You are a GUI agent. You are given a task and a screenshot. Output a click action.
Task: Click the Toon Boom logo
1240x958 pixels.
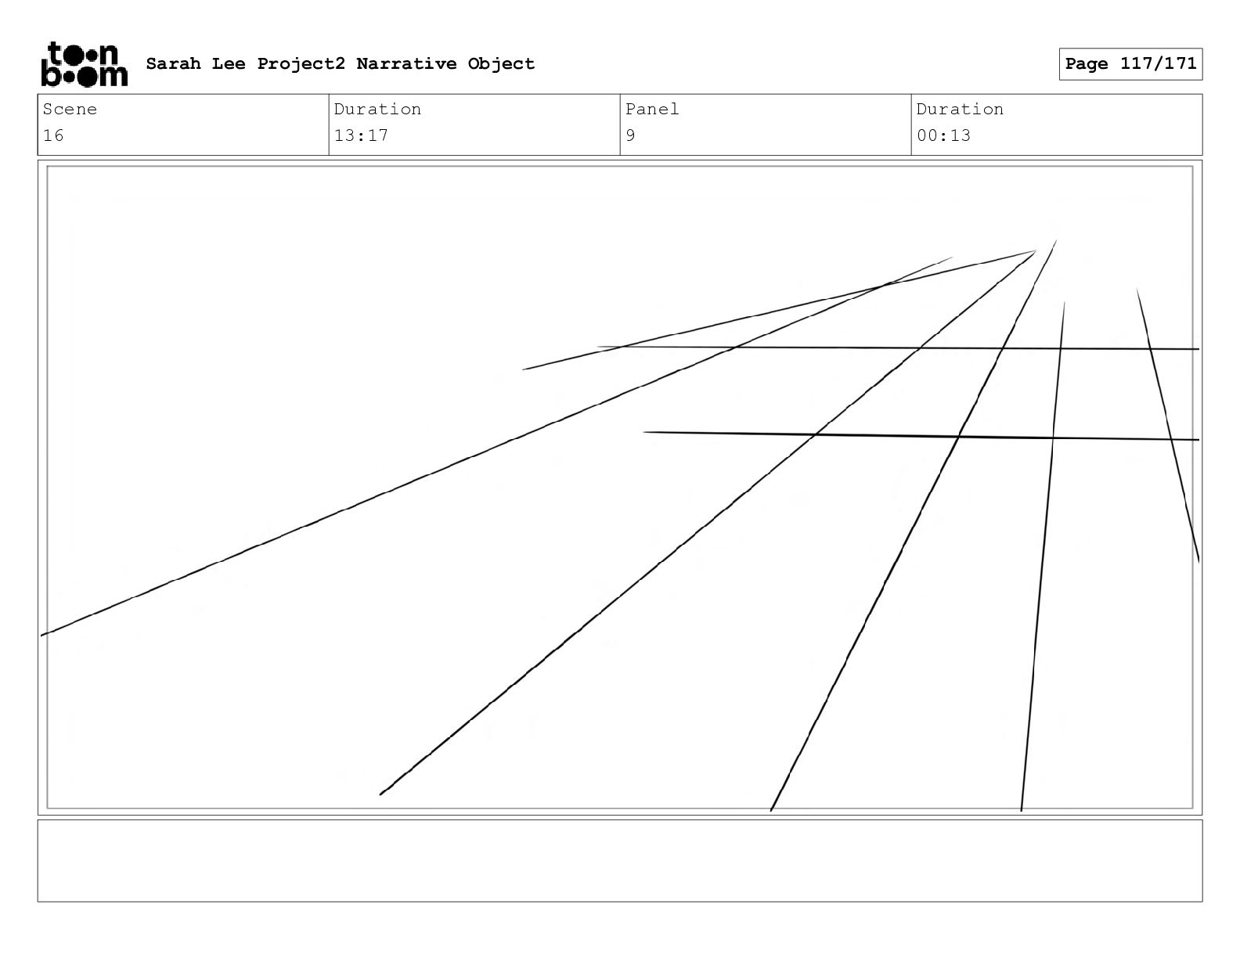[x=84, y=64]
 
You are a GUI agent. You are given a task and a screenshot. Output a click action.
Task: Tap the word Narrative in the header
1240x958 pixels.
[x=406, y=63]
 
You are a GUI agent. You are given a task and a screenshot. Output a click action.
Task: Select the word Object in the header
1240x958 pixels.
[x=501, y=63]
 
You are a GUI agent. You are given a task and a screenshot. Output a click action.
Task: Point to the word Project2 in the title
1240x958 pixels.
[x=301, y=63]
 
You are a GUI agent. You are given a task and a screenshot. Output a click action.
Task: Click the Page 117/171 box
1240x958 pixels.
[x=1130, y=64]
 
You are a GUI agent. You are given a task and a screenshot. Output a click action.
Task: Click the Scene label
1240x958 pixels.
[x=70, y=110]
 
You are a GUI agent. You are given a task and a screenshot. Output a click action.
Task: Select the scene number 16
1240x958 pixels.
[x=53, y=135]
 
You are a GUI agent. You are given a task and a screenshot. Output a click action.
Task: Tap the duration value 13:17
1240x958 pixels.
[x=361, y=135]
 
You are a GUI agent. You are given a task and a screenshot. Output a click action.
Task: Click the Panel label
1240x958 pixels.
[x=652, y=110]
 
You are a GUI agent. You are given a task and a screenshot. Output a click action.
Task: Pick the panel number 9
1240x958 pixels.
[x=631, y=135]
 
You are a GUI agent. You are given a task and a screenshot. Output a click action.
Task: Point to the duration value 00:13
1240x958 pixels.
[x=943, y=135]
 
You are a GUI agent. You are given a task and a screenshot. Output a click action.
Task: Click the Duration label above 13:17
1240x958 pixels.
[x=377, y=110]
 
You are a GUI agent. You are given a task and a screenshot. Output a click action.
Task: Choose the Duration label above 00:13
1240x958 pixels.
[x=960, y=110]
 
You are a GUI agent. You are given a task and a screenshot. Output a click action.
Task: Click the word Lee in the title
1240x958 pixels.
[x=228, y=63]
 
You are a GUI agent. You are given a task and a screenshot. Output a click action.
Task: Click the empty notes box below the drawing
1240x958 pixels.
[x=619, y=860]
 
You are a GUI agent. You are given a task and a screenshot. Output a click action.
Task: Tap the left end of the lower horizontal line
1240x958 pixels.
[x=644, y=432]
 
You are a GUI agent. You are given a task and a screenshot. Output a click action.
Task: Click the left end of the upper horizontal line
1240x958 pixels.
[x=598, y=347]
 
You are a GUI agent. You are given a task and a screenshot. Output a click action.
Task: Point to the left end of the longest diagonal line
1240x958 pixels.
[x=42, y=635]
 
